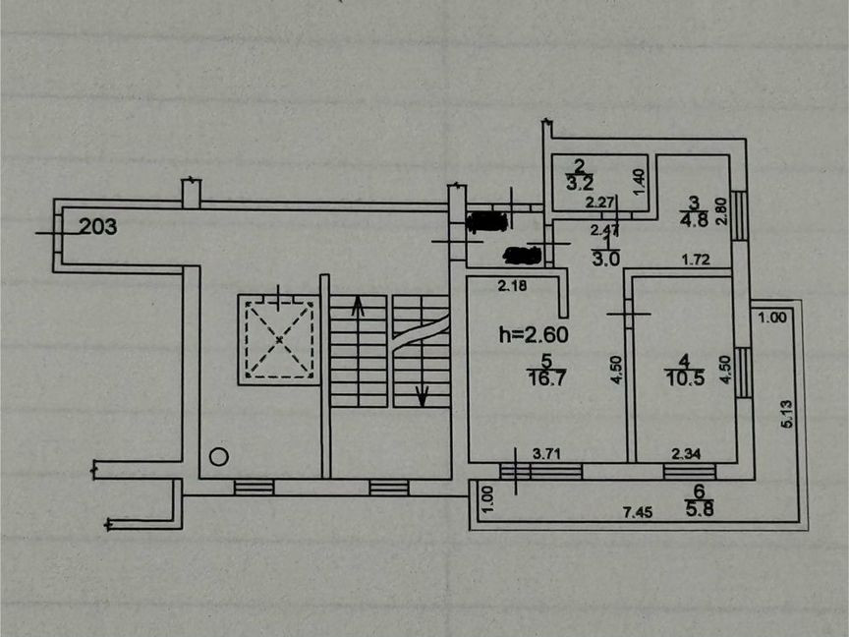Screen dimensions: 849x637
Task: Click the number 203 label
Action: pos(98,227)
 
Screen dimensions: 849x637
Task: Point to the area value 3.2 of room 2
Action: pos(580,182)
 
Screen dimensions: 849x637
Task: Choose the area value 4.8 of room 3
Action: pos(694,220)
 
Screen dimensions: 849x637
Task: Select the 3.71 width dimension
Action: pos(547,454)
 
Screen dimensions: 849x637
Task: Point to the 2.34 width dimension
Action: pos(685,454)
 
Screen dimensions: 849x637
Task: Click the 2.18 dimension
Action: pos(512,286)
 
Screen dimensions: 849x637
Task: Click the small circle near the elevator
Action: pos(219,456)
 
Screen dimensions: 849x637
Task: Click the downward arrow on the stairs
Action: pos(423,396)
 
